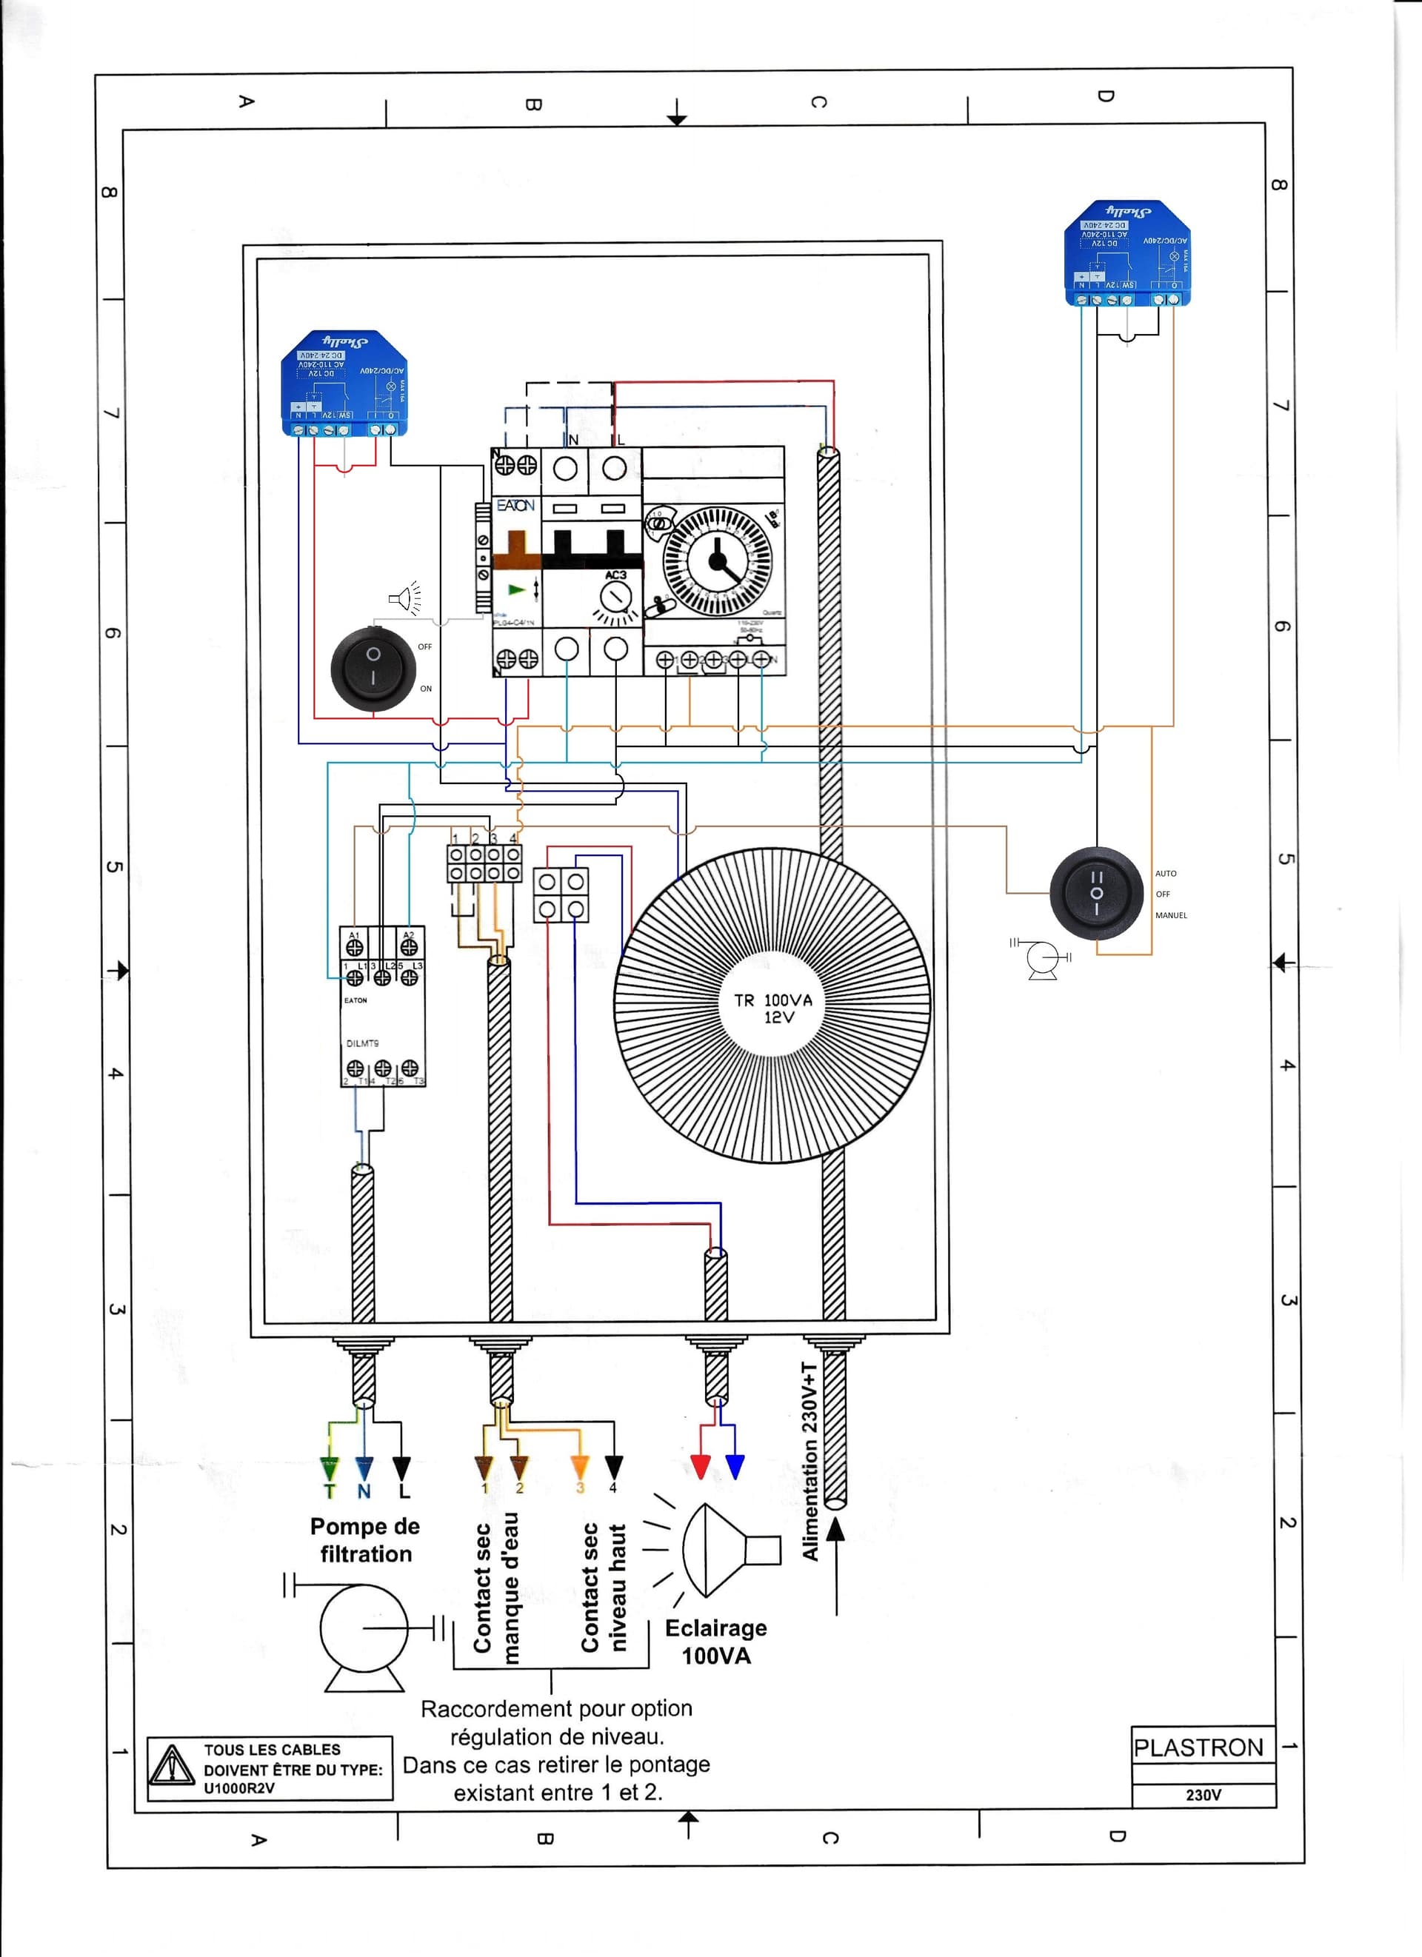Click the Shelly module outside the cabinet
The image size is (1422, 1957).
pyautogui.click(x=1127, y=252)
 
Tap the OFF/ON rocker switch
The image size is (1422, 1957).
pyautogui.click(x=373, y=669)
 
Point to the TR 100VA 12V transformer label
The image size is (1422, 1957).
pyautogui.click(x=773, y=1008)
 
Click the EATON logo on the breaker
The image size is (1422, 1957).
pyautogui.click(x=515, y=506)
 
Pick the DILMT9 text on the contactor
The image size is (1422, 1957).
pyautogui.click(x=362, y=1043)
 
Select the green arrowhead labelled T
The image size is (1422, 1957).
pyautogui.click(x=330, y=1468)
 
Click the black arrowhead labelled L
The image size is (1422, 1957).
pyautogui.click(x=401, y=1468)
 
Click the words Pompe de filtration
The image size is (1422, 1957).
pyautogui.click(x=365, y=1539)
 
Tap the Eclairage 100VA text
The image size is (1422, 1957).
pyautogui.click(x=716, y=1641)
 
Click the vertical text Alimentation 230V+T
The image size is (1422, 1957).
pyautogui.click(x=810, y=1461)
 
